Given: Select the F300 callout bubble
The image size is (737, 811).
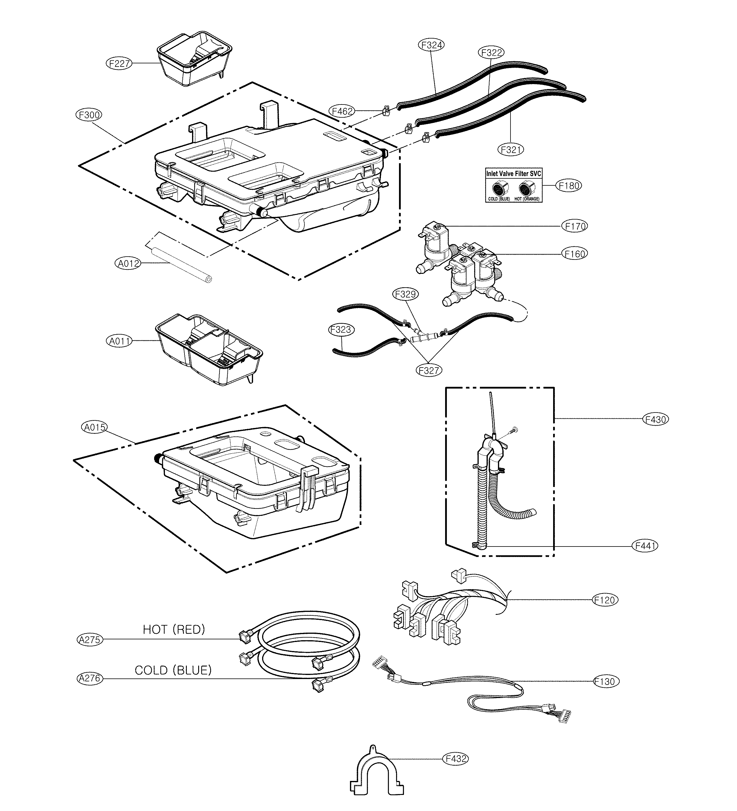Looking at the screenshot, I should pos(89,115).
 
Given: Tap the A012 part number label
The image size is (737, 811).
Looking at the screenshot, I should pos(128,264).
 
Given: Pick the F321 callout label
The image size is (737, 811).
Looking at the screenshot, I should pos(511,150).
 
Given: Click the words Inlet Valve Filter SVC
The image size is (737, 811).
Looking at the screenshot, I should pos(513,174).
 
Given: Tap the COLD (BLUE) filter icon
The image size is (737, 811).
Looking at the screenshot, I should pos(500,188).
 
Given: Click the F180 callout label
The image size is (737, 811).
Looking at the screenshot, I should pos(569,186).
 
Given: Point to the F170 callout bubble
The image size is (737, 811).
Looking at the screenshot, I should pos(574,226).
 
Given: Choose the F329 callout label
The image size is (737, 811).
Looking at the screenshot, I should pos(405,294).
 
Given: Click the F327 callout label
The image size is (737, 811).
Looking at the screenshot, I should pos(428,370).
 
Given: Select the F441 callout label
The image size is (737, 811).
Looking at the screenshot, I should pos(645,546).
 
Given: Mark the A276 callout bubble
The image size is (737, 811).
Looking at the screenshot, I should pos(89,678).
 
